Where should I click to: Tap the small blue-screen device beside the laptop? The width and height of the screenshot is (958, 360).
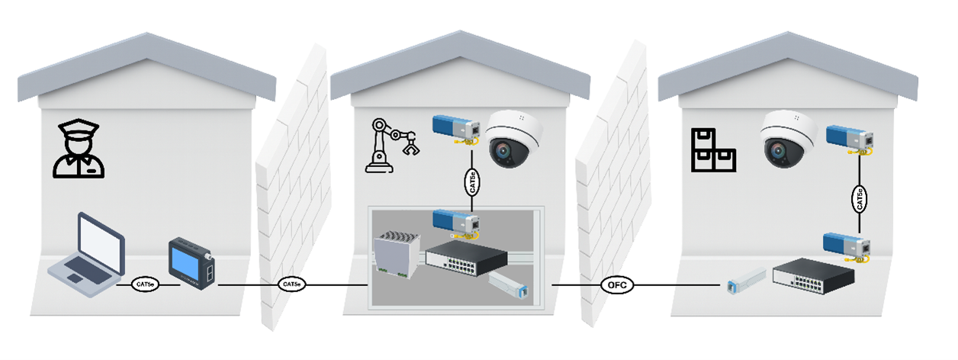[x=191, y=264]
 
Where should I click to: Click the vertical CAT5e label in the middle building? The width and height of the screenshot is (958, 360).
[x=471, y=183]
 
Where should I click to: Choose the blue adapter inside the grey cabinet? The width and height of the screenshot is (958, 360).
[x=456, y=220]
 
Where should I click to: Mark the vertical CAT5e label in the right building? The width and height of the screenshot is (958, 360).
[x=860, y=199]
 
